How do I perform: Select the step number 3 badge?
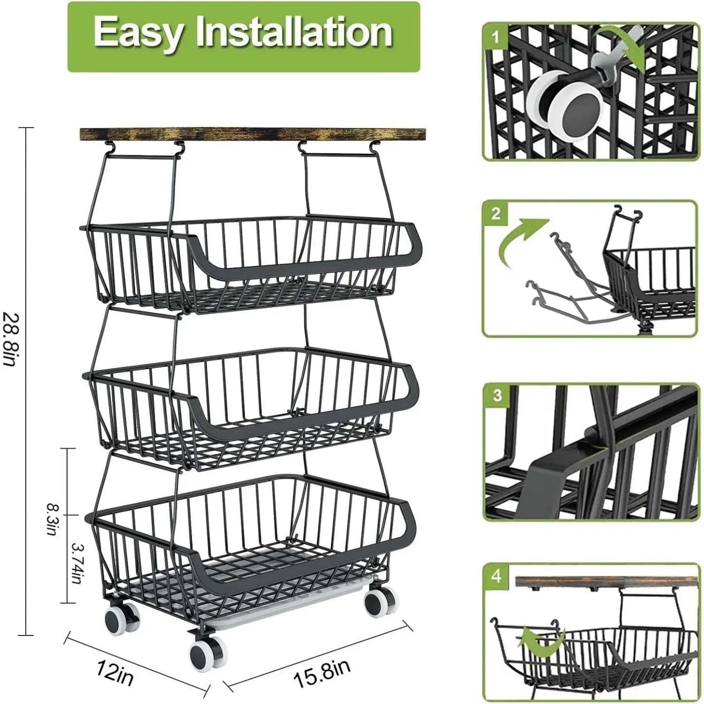(496, 395)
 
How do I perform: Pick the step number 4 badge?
(496, 576)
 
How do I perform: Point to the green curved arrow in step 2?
(522, 243)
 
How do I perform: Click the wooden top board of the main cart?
(252, 134)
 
